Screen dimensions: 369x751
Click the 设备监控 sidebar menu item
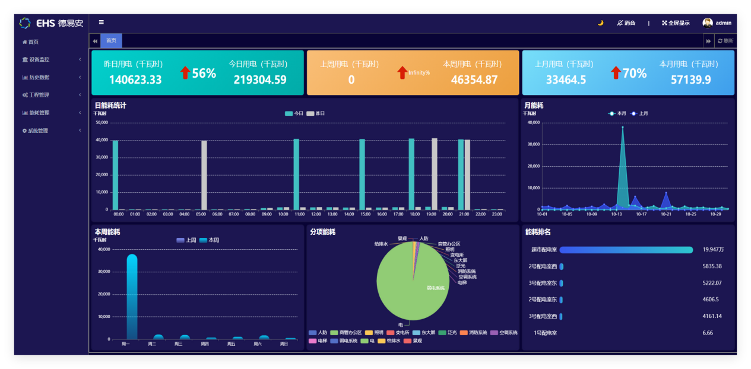39,59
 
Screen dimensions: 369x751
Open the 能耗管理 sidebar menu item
39,113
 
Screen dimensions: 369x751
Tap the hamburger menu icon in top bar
102,23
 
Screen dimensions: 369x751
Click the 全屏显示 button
676,23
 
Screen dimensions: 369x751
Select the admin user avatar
707,23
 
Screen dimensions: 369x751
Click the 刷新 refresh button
725,41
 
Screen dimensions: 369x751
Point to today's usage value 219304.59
260,79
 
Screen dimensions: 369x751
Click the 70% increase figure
634,73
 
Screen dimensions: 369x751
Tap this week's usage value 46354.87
474,79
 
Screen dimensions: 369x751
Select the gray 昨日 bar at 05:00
204,175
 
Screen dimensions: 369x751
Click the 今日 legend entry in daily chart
294,113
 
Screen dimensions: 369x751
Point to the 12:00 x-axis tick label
316,214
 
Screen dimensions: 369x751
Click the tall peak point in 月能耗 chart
622,128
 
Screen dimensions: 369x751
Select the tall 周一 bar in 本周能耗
132,297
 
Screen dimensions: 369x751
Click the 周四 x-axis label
205,343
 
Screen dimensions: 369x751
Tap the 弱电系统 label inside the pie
435,288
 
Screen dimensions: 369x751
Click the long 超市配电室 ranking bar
626,250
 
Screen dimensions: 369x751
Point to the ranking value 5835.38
712,266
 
